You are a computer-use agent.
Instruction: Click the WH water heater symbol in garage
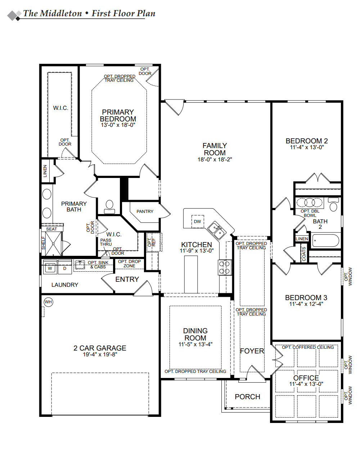48,302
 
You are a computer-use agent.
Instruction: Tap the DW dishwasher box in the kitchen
197,222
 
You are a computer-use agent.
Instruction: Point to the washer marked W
50,268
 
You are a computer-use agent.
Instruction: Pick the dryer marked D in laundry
65,268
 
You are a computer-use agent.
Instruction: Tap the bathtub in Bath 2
325,240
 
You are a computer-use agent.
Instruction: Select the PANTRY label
145,211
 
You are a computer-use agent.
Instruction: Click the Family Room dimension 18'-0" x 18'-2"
215,159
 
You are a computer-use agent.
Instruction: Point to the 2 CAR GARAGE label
100,348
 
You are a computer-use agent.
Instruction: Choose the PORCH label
247,397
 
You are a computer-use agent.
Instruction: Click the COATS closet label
304,254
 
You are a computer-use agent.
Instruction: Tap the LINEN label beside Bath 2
302,239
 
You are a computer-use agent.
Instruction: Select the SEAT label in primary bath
51,229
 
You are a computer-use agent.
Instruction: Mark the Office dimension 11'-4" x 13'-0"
306,384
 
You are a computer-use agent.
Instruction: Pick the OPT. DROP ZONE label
129,264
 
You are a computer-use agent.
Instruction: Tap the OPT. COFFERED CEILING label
308,347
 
